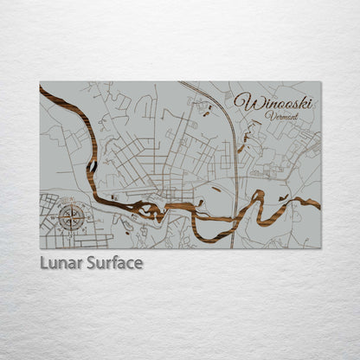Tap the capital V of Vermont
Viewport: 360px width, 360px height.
pyautogui.click(x=269, y=115)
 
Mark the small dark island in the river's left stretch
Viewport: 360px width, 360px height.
pyautogui.click(x=91, y=164)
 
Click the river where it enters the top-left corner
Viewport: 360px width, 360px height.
pyautogui.click(x=43, y=89)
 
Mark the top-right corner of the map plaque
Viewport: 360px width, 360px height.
pyautogui.click(x=320, y=82)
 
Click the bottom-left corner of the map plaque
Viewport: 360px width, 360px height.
pyautogui.click(x=40, y=248)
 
